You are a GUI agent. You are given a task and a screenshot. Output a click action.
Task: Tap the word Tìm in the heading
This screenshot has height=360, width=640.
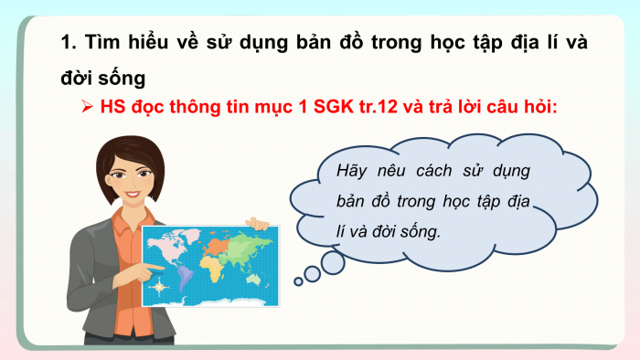[x=103, y=42]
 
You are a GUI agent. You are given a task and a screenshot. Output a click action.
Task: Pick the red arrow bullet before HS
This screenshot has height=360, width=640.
[x=88, y=106]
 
